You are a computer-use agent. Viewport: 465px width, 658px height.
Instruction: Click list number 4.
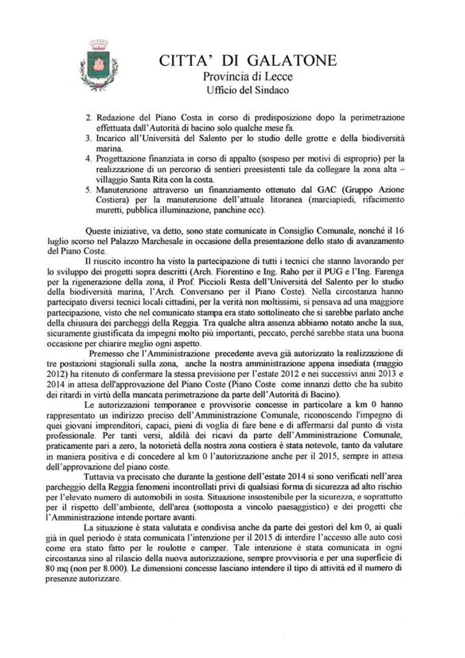tap(89, 158)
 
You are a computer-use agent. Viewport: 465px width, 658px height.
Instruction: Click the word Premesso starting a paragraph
tap(104, 353)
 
